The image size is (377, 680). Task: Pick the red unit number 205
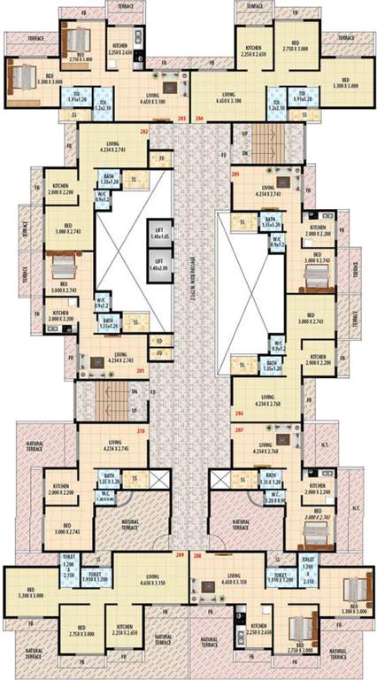click(235, 174)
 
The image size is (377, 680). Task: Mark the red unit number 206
click(238, 413)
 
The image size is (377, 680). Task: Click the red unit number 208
click(196, 556)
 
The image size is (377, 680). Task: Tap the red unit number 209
click(181, 556)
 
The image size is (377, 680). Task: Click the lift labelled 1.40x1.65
click(159, 229)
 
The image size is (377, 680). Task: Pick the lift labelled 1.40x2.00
click(159, 265)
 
